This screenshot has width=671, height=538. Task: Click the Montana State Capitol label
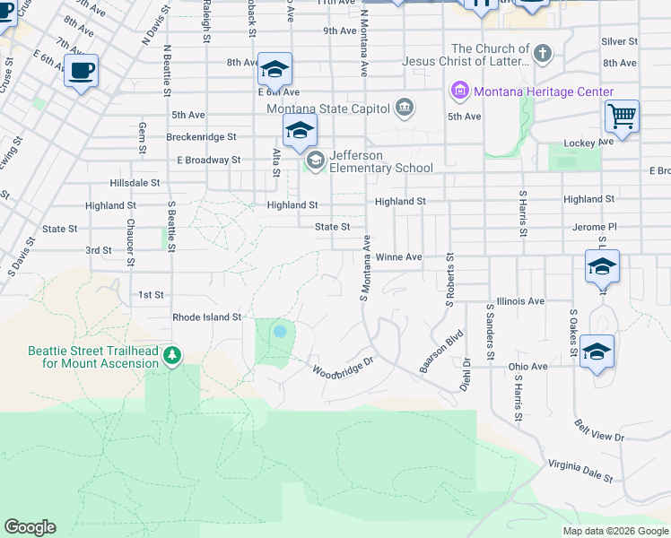328,108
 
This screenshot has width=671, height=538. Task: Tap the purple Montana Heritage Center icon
460,91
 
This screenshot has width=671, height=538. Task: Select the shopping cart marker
621,116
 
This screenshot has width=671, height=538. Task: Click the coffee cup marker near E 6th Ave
82,70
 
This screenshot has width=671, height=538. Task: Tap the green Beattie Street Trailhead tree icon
171,357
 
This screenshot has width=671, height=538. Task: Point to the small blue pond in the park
280,332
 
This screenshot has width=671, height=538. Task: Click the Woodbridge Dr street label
342,369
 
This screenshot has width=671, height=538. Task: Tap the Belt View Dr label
599,430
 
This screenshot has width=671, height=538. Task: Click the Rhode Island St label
207,317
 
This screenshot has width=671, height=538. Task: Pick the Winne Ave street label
398,256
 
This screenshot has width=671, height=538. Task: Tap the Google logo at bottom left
30,527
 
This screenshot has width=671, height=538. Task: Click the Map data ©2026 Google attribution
615,531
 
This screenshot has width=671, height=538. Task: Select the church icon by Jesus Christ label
542,55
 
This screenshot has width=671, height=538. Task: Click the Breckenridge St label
201,137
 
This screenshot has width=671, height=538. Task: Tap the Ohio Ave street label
527,366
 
